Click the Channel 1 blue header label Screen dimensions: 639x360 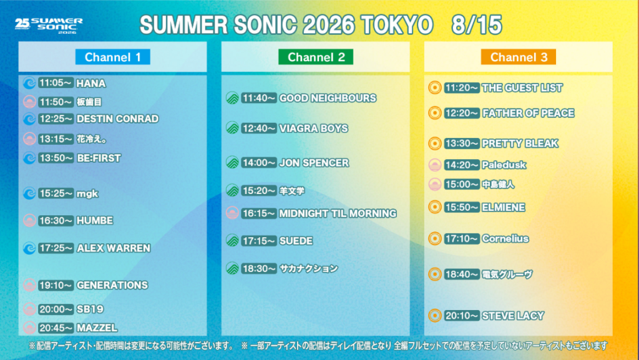pyautogui.click(x=112, y=57)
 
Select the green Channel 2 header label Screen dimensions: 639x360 pyautogui.click(x=316, y=57)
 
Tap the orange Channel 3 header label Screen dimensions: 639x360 pyautogui.click(x=519, y=57)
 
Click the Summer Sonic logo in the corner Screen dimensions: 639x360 pyautogui.click(x=49, y=25)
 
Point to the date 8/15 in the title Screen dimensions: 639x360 pyautogui.click(x=476, y=25)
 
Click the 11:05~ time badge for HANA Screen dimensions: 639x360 pyautogui.click(x=56, y=83)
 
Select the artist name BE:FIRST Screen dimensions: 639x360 pyautogui.click(x=99, y=158)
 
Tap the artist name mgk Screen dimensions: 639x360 pyautogui.click(x=87, y=194)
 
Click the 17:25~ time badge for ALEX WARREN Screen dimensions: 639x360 pyautogui.click(x=56, y=248)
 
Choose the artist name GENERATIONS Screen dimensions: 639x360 pyautogui.click(x=112, y=285)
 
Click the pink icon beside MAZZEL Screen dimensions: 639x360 pyautogui.click(x=29, y=328)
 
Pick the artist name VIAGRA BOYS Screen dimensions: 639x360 pyautogui.click(x=313, y=129)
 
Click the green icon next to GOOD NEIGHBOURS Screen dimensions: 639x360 pyautogui.click(x=232, y=98)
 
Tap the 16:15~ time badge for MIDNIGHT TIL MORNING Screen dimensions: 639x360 pyautogui.click(x=259, y=213)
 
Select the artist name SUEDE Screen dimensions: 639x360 pyautogui.click(x=296, y=241)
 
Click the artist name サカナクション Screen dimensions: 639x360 pyautogui.click(x=308, y=268)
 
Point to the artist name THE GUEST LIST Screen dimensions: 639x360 pyautogui.click(x=522, y=87)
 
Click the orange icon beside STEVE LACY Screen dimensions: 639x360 pyautogui.click(x=435, y=315)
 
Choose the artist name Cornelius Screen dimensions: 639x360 pyautogui.click(x=505, y=238)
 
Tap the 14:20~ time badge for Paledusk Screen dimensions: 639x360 pyautogui.click(x=462, y=165)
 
